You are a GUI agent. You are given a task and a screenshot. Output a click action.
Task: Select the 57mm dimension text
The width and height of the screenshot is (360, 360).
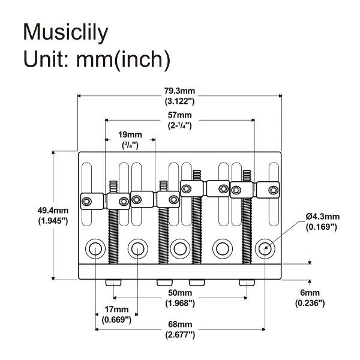point(179,115)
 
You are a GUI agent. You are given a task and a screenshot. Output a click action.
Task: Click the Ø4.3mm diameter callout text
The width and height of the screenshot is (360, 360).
point(322,217)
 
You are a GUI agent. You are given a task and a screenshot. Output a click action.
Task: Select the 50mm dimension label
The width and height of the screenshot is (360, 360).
point(180,292)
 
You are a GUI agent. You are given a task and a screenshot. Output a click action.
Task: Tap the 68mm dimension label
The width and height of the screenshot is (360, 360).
point(180,324)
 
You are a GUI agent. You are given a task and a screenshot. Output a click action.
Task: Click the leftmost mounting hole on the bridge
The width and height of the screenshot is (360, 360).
point(95,247)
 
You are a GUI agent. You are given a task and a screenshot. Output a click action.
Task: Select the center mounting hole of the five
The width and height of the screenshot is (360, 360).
point(180,247)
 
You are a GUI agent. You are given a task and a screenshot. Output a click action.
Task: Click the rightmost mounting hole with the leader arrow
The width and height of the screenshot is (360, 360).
point(265,247)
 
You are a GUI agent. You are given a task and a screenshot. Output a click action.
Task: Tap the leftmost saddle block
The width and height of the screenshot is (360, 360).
point(93,200)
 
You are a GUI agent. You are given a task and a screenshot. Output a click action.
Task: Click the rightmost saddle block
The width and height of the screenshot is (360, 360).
point(268,190)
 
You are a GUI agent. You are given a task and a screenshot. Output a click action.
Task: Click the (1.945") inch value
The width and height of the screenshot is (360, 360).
point(53,221)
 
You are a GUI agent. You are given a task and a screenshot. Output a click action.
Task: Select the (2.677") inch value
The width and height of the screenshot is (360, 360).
point(180,334)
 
